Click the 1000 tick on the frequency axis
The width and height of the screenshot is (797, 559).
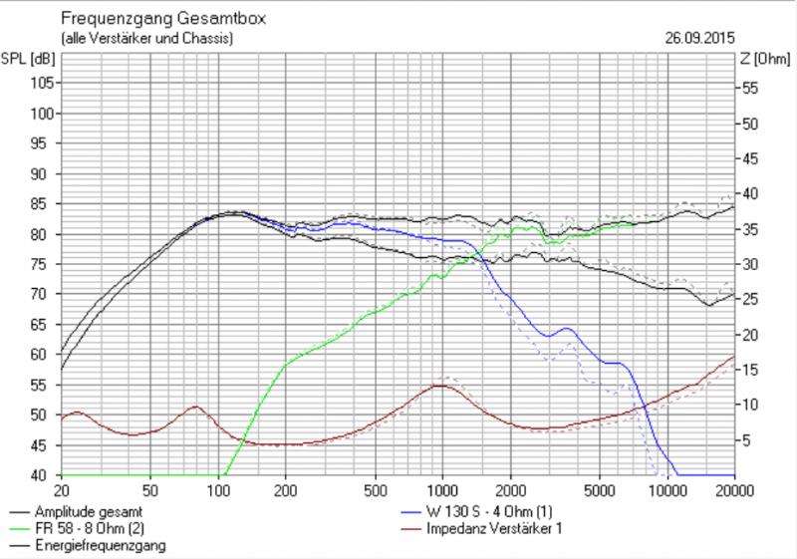[x=441, y=491]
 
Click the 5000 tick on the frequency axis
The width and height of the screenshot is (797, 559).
[x=599, y=491]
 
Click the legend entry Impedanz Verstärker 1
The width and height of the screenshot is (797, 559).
[x=491, y=528]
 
